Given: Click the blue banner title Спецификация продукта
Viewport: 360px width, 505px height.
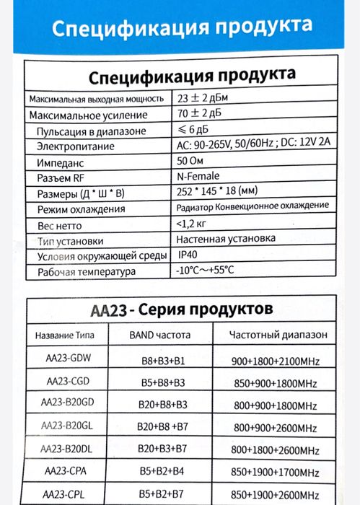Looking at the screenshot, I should (183, 28).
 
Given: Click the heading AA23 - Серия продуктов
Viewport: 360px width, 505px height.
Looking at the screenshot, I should (181, 309).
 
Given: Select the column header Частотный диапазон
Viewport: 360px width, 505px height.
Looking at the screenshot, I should (277, 335).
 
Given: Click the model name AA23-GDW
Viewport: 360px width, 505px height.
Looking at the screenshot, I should (66, 359).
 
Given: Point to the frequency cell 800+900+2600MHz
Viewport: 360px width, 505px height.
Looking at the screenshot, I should (276, 427).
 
